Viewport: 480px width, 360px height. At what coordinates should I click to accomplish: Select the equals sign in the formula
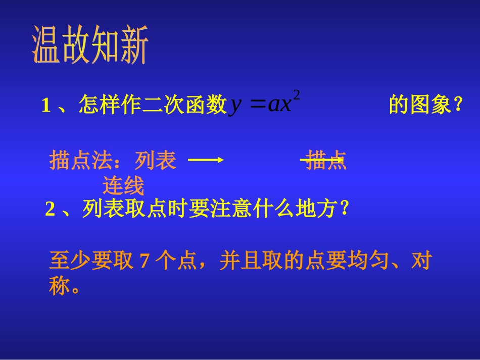click(x=257, y=105)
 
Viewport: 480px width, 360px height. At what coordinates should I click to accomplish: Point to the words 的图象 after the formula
click(x=419, y=106)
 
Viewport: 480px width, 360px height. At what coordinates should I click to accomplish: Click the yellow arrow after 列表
click(x=206, y=160)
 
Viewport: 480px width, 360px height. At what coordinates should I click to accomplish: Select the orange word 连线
click(x=123, y=186)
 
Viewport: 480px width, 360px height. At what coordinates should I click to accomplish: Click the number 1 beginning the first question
click(x=46, y=106)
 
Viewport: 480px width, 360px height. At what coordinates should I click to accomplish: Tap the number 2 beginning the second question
click(x=50, y=209)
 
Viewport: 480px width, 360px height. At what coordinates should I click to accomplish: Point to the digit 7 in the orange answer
click(x=144, y=262)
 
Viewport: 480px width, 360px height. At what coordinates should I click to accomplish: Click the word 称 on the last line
click(x=59, y=287)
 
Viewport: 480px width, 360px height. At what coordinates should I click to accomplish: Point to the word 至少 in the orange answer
click(x=69, y=262)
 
